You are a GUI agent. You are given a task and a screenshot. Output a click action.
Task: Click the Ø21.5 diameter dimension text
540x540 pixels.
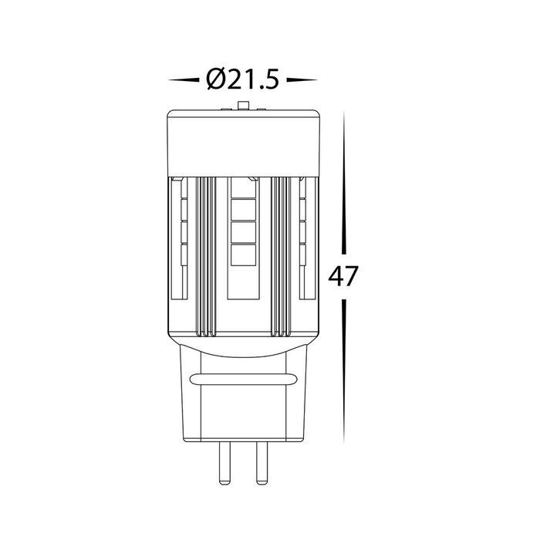coord(242,79)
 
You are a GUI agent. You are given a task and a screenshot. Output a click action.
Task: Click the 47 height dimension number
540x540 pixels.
coord(343,276)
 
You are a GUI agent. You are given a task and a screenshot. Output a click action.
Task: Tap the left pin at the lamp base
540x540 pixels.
coord(225,463)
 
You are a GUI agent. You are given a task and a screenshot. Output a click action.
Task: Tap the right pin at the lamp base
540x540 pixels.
coord(262,463)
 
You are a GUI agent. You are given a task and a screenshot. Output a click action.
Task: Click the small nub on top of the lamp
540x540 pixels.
coord(243,106)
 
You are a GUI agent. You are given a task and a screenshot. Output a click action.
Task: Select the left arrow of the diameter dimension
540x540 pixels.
coord(184,80)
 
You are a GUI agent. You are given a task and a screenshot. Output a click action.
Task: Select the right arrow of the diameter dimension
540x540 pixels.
coord(302,80)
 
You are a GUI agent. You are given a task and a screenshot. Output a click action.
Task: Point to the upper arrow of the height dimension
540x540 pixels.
coord(344,183)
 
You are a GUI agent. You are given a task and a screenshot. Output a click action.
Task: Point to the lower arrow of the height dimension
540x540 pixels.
coord(344,371)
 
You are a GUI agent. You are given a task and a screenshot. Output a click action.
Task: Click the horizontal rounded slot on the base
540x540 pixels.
coord(243,380)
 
